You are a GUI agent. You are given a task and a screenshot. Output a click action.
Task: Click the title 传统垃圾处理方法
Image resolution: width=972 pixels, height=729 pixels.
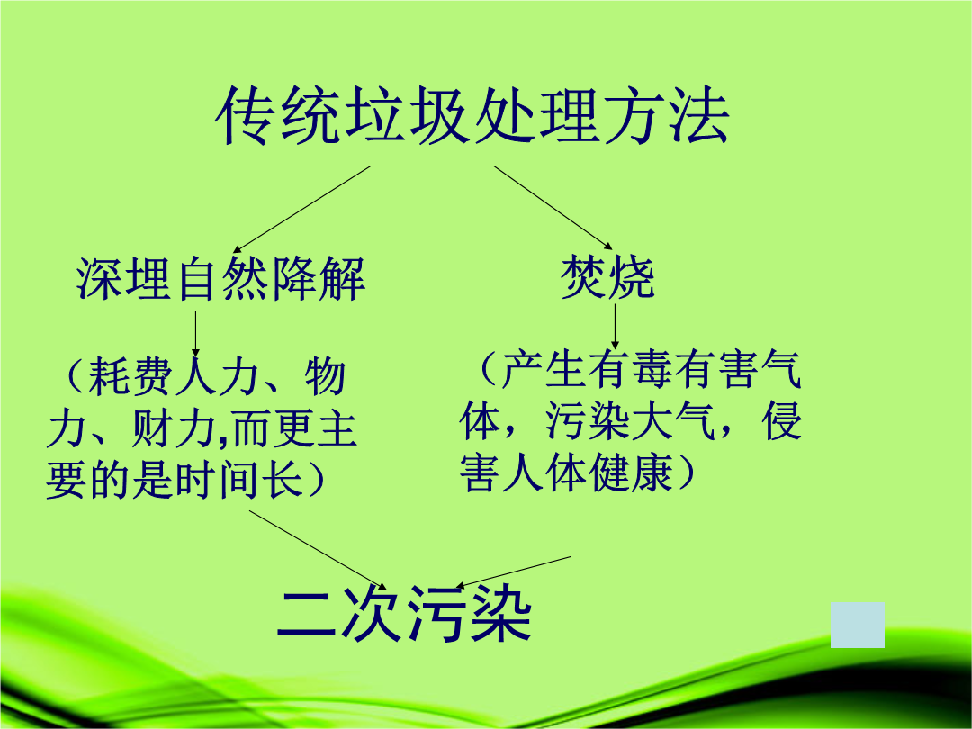click(472, 116)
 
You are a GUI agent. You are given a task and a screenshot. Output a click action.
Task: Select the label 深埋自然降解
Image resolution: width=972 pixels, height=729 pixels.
click(220, 278)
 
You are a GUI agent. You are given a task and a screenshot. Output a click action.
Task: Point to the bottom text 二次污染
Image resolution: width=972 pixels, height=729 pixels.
click(404, 613)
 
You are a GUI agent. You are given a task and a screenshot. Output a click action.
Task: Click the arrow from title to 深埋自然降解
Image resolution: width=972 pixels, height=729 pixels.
click(301, 210)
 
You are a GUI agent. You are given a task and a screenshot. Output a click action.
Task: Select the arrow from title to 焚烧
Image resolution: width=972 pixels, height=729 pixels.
click(553, 208)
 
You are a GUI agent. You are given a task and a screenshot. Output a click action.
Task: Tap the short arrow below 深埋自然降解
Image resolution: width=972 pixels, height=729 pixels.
click(196, 334)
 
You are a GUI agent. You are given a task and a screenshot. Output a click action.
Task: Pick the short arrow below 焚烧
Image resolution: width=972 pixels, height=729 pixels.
click(615, 326)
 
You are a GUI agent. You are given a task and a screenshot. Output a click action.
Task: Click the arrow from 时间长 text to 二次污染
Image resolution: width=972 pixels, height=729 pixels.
click(318, 550)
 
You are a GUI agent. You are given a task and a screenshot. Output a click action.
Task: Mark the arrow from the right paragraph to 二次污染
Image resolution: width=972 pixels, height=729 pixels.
click(513, 571)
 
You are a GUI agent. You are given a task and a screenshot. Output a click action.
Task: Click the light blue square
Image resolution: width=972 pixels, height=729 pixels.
click(858, 625)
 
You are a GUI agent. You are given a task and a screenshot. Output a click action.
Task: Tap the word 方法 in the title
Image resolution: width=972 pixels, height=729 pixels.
click(665, 116)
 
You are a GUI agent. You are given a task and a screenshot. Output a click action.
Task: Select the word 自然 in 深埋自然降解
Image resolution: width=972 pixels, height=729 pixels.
click(220, 278)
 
